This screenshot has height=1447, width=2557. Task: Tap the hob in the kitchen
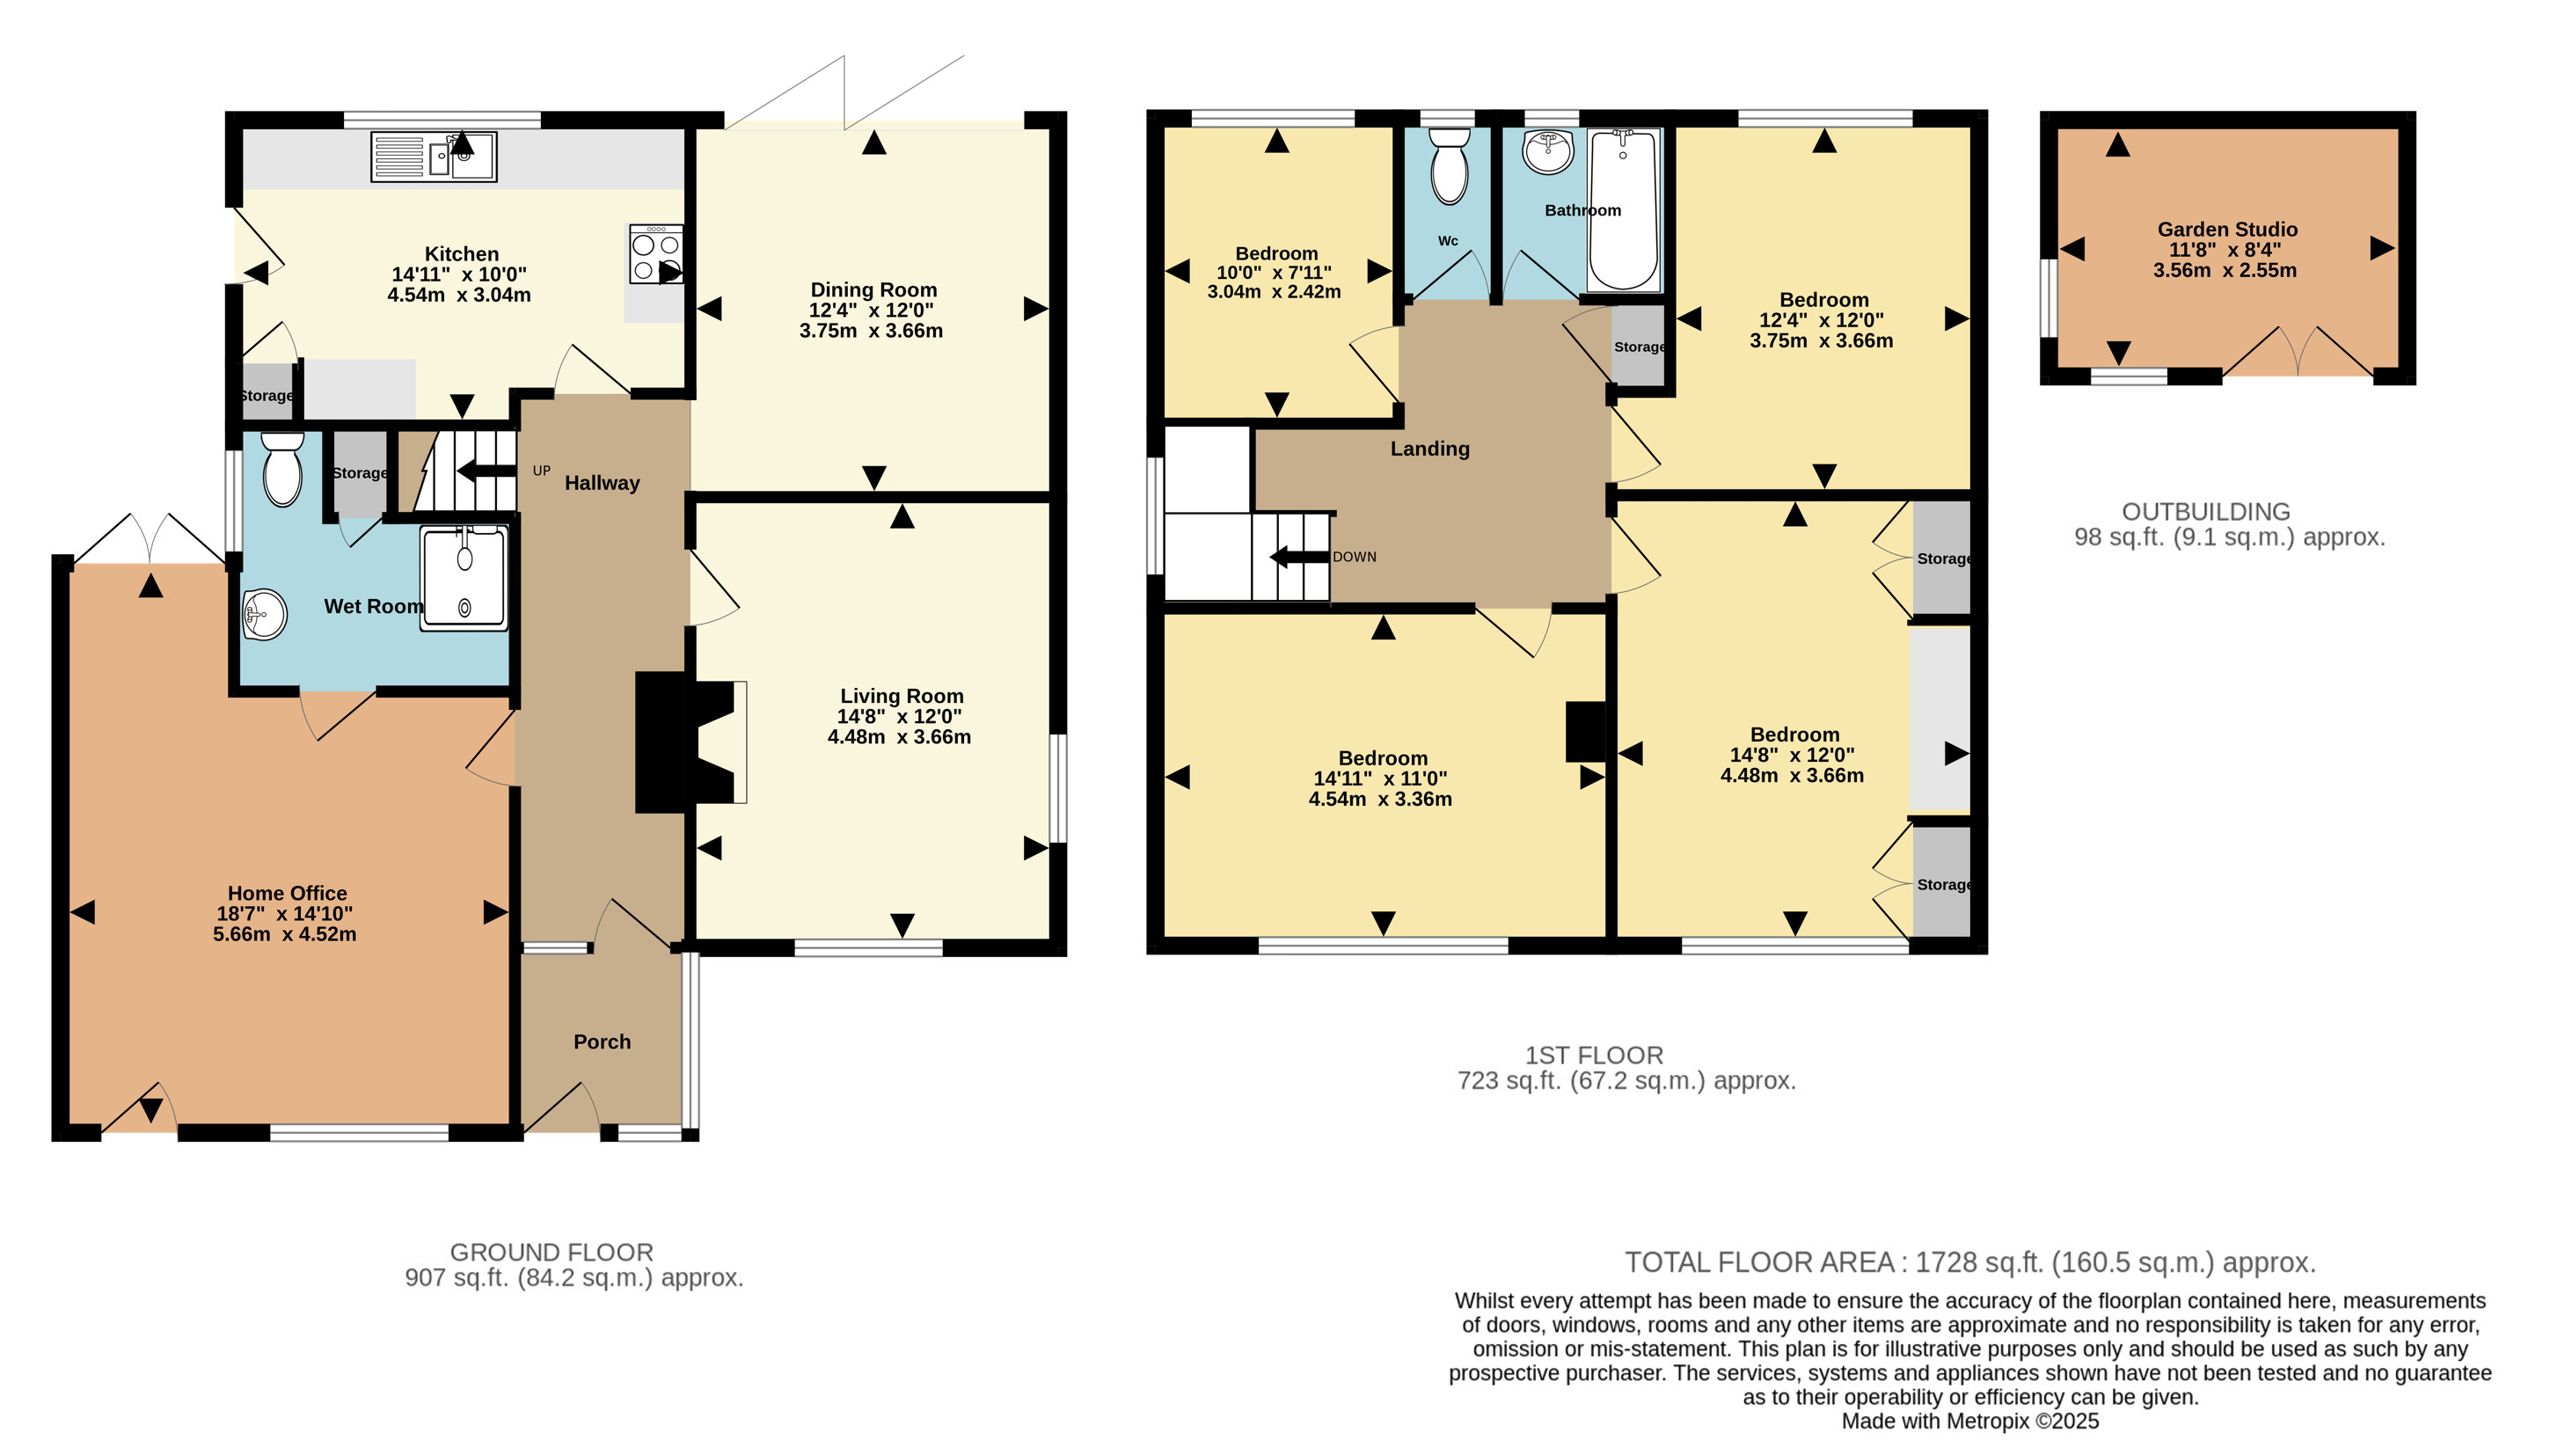656,254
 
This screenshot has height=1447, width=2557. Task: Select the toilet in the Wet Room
282,469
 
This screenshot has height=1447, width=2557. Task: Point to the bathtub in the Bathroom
1624,209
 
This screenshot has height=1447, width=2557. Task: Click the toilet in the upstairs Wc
1449,166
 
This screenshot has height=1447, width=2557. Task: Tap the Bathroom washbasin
1547,152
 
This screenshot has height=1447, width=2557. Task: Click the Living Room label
902,696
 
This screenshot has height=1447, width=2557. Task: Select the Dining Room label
873,289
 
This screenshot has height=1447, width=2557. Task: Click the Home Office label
288,893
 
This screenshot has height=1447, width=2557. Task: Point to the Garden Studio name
2227,229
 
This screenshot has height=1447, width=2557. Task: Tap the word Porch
603,1041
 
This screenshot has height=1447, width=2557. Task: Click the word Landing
1429,449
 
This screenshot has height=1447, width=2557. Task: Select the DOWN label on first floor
1355,557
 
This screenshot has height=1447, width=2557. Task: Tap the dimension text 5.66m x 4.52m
284,934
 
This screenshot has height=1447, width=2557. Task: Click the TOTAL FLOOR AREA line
1970,1262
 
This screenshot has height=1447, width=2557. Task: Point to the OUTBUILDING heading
2206,512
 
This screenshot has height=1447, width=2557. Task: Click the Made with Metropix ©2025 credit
1970,1421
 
